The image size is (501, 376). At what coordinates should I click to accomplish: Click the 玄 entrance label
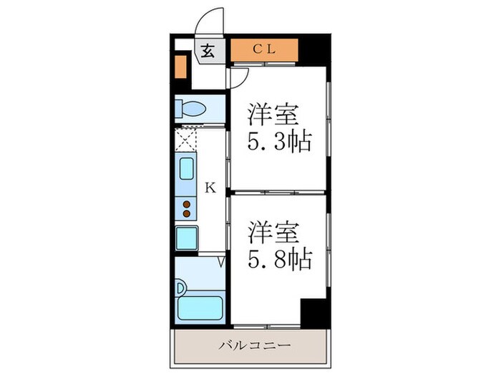(208, 50)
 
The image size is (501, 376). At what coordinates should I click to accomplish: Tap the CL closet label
(264, 49)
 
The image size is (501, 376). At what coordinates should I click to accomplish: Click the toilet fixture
(192, 110)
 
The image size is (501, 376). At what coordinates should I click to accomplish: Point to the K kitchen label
(210, 188)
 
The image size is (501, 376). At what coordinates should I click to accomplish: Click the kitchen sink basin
(186, 170)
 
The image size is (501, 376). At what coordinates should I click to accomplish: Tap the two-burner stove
(186, 208)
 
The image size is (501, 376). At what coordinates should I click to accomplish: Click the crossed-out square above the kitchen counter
(186, 138)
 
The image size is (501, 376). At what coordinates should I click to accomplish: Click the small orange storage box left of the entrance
(180, 66)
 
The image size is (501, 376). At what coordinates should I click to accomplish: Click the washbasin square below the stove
(187, 237)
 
